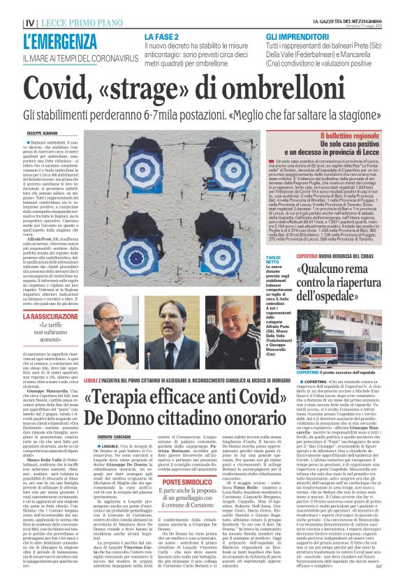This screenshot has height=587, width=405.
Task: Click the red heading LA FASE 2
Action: click(163, 36)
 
